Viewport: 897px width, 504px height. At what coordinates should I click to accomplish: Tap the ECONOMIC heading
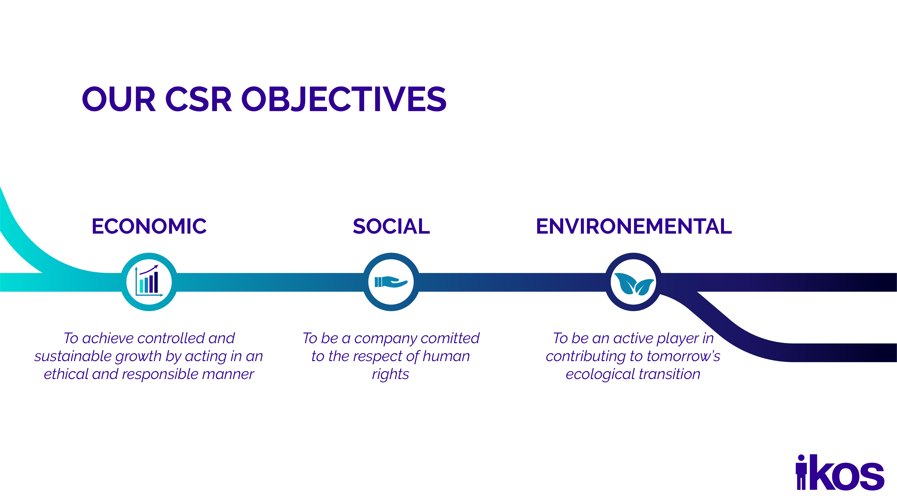(149, 226)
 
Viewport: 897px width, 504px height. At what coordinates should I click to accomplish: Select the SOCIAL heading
(391, 226)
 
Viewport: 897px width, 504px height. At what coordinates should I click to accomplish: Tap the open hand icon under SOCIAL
(391, 282)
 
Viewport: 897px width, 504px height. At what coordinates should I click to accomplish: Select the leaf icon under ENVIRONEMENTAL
(633, 283)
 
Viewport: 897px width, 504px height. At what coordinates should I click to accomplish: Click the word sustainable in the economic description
(73, 356)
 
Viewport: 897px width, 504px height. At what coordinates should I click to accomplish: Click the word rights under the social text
(390, 375)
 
